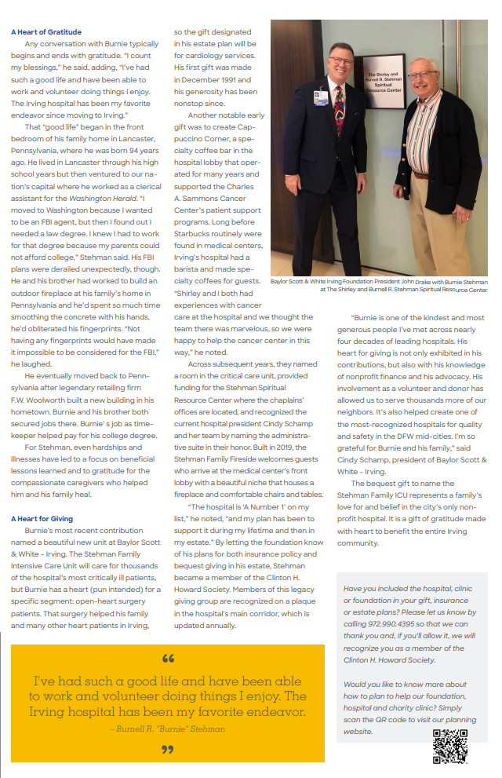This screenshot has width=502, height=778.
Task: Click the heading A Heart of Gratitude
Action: coord(46,32)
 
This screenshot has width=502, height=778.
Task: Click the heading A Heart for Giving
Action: coord(42,519)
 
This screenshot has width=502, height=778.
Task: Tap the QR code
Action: coord(449,745)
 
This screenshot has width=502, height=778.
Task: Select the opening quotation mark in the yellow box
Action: coord(167,658)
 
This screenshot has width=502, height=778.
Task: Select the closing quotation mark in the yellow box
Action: coord(167,749)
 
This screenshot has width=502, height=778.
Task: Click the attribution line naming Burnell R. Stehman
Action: coord(167,729)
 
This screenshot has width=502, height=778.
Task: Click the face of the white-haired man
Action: coord(424,77)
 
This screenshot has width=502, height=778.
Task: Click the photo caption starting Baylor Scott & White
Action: coord(379,285)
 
